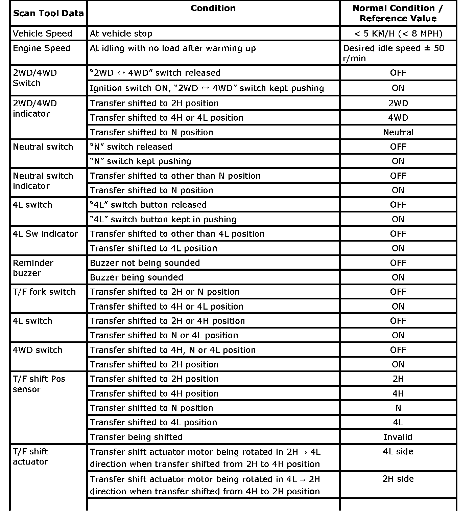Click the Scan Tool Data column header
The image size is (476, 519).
(x=48, y=14)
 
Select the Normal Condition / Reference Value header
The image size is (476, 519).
(x=398, y=13)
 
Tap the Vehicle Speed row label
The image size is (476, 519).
(x=43, y=33)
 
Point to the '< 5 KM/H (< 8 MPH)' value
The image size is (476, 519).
(x=398, y=33)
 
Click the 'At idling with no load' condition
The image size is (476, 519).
(x=173, y=48)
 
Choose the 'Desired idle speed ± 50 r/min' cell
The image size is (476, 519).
(x=394, y=53)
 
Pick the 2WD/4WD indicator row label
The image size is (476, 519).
(x=35, y=108)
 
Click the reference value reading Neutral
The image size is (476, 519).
(x=398, y=132)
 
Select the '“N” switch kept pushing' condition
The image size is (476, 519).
(x=140, y=161)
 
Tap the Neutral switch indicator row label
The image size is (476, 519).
(x=43, y=181)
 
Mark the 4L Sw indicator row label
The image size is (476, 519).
(x=45, y=234)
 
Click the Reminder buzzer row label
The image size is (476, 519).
(x=33, y=268)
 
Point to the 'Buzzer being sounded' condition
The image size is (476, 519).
(x=137, y=277)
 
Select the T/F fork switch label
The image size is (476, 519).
(x=44, y=292)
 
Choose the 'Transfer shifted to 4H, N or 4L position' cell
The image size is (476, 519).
(x=173, y=350)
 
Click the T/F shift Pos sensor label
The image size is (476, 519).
(x=39, y=384)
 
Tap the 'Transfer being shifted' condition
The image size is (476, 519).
(x=136, y=437)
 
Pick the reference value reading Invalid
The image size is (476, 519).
(x=398, y=437)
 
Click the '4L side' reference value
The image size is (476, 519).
(x=398, y=452)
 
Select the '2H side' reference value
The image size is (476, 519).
(x=398, y=479)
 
